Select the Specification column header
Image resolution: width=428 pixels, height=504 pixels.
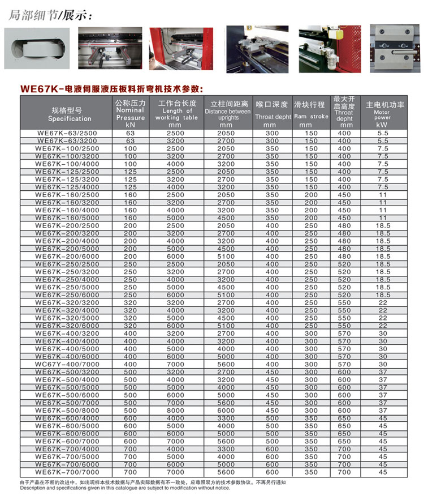pos(67,113)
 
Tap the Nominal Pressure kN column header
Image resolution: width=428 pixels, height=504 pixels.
pos(131,113)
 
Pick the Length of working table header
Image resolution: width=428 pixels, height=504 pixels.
pos(177,113)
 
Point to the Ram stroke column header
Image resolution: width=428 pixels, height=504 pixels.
pos(311,113)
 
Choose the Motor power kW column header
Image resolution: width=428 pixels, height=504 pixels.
pos(383,113)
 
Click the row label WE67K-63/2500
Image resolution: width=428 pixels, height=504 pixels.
pos(67,133)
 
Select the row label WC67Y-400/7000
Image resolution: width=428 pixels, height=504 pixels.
pos(67,364)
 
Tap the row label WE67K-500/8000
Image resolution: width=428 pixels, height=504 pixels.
pos(67,411)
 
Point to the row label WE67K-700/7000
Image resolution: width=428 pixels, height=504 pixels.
pos(67,472)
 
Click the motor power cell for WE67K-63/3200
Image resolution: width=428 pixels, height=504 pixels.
pos(383,140)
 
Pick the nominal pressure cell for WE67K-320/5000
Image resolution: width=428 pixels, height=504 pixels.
pos(131,318)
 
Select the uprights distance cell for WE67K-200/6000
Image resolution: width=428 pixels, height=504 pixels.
pos(226,256)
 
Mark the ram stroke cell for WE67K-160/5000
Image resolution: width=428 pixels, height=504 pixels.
pos(312,217)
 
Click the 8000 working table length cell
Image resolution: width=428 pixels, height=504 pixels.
pos(176,411)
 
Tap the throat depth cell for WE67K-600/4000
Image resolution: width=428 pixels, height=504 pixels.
pos(273,418)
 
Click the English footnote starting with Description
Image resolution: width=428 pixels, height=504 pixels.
pos(125,488)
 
